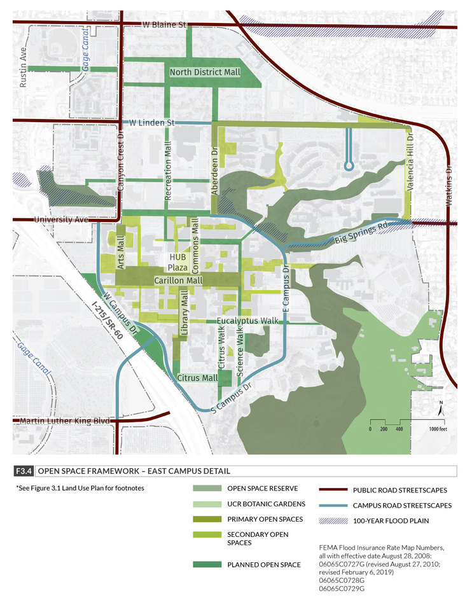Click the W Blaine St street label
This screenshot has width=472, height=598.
163,25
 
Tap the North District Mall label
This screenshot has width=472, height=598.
205,73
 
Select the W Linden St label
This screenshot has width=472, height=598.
151,122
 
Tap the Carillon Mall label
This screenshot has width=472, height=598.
178,280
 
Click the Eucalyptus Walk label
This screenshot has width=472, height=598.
248,321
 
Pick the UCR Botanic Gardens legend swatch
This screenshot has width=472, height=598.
205,504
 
